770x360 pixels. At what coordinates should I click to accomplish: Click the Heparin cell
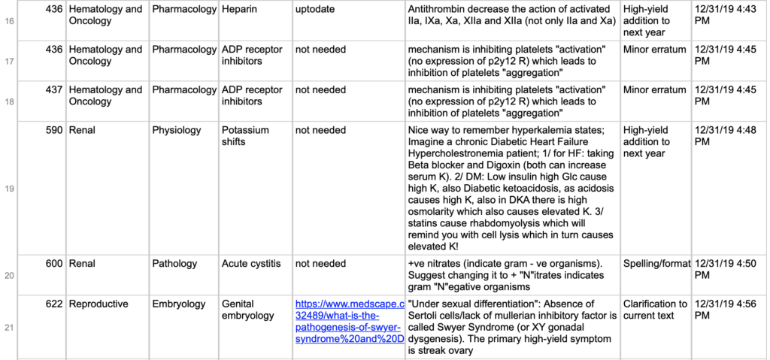(238, 10)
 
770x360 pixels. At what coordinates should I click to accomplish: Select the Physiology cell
(177, 130)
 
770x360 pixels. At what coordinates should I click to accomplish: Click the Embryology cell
(179, 304)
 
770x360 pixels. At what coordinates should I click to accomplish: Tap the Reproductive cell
(99, 304)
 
